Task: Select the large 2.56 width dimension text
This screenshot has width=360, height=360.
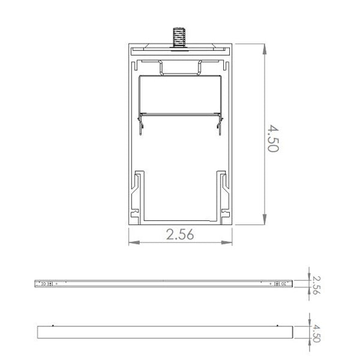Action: point(180,235)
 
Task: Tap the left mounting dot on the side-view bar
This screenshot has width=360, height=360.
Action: point(53,326)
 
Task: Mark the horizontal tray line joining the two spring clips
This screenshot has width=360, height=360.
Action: point(180,115)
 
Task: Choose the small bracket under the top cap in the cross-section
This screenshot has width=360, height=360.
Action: point(180,67)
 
